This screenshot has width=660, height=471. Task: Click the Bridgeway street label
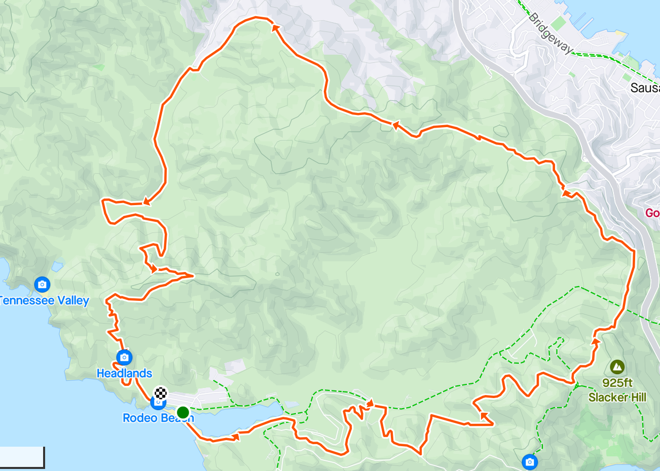[550, 33]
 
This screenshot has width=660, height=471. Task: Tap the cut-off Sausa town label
[645, 88]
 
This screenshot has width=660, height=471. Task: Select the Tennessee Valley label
[44, 300]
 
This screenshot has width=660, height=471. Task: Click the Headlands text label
[124, 373]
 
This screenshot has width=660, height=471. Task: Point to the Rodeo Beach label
[158, 418]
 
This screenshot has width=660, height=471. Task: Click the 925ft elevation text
[617, 383]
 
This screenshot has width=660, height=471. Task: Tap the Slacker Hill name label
[617, 397]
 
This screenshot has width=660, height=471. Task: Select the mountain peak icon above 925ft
[617, 366]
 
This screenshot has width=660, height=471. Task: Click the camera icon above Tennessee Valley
[42, 284]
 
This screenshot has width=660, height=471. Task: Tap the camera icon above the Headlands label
[124, 357]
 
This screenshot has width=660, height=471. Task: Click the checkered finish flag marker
[161, 392]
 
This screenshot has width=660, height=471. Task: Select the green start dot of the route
[182, 412]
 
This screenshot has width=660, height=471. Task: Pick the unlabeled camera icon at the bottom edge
[529, 461]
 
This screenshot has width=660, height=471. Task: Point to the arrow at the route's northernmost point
[275, 27]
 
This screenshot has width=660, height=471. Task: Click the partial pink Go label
[652, 213]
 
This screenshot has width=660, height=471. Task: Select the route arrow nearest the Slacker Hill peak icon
[596, 341]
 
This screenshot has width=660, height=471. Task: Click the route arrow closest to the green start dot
[235, 436]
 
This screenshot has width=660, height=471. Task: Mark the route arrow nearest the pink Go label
[566, 193]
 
